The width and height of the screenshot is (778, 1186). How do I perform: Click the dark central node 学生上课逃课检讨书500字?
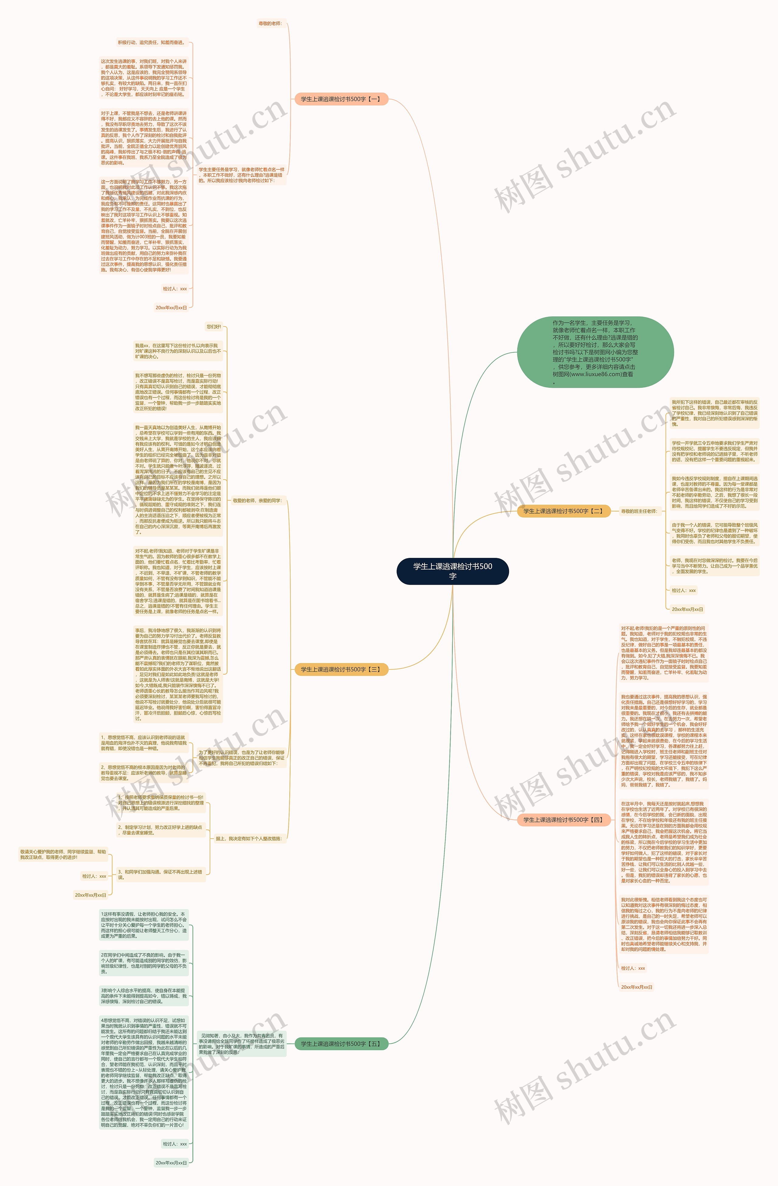453,571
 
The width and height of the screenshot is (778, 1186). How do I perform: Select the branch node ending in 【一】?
341,99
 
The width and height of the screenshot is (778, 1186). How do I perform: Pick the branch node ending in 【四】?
563,820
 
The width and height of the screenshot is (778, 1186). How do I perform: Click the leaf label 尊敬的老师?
270,23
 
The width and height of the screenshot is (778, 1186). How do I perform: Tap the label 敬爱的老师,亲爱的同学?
257,500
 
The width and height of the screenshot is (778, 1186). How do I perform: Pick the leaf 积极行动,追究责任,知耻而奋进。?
151,42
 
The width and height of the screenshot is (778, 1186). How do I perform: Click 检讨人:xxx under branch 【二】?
683,590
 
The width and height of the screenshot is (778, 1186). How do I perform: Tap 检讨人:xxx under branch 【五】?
174,1144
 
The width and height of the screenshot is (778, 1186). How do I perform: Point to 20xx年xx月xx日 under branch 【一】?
171,308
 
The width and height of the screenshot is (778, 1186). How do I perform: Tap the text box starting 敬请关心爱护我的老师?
63,854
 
